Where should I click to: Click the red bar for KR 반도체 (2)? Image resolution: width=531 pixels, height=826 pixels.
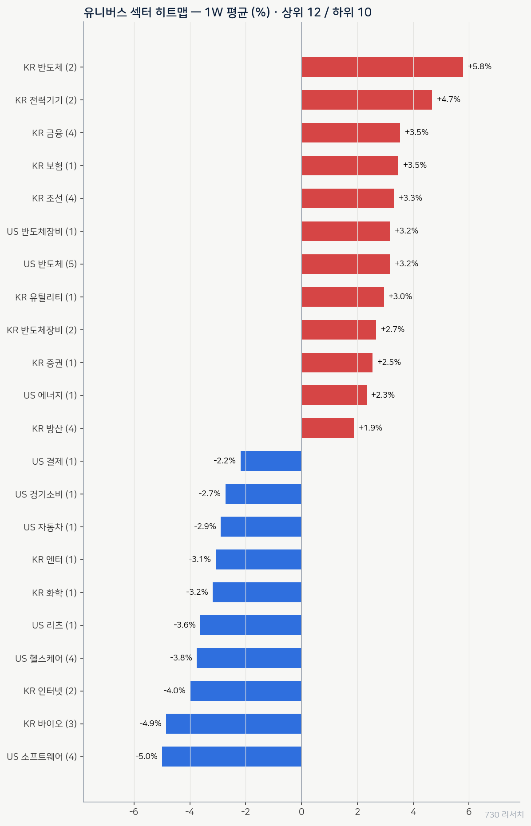(382, 67)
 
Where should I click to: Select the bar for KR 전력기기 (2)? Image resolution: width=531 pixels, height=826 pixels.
(367, 100)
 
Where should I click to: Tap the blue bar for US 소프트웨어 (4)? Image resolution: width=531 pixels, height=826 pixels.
(232, 756)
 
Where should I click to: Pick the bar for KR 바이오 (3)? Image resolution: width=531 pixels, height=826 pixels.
(234, 723)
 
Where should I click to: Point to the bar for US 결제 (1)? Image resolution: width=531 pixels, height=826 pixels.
(271, 461)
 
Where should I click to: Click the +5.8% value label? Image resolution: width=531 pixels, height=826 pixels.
(479, 67)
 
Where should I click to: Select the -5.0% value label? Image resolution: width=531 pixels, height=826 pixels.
(147, 756)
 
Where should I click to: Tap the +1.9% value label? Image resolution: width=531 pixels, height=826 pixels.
(370, 428)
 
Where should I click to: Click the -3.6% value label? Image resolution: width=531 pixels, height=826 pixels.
(185, 625)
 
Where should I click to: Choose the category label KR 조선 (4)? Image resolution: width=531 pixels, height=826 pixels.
(54, 198)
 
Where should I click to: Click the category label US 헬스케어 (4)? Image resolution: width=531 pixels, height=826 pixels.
(46, 658)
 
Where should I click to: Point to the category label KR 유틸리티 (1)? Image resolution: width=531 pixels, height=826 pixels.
(46, 297)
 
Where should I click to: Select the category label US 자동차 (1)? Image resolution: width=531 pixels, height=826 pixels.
(50, 527)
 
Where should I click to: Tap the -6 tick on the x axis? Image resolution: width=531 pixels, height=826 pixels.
(134, 812)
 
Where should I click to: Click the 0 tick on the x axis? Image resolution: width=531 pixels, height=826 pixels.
(301, 812)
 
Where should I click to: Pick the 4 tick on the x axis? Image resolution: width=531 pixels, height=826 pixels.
(413, 812)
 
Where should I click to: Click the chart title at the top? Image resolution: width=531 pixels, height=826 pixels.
(227, 12)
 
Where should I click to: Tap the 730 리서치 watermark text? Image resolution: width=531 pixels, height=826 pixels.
(504, 815)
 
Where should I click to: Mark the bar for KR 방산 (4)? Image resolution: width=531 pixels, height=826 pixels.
(328, 428)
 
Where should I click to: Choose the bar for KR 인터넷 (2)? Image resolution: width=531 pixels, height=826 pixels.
(246, 691)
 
